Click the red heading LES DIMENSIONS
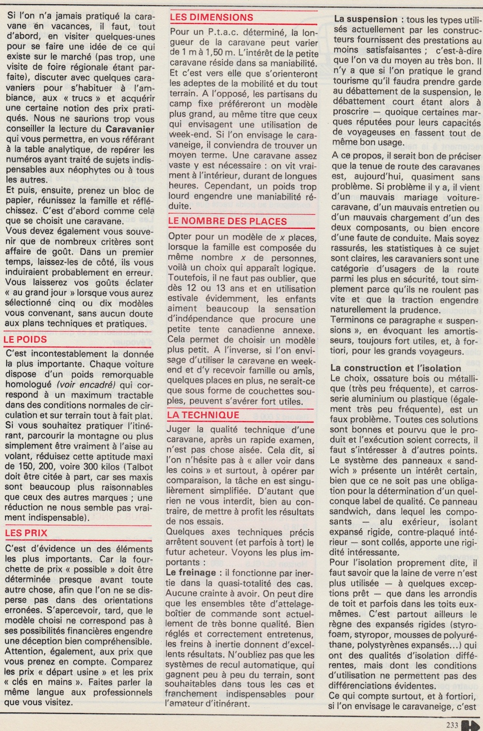[212, 17]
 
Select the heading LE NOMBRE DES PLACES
[227, 222]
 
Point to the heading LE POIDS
[25, 339]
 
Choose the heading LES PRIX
[26, 533]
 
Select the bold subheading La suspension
[366, 20]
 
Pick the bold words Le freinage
[191, 572]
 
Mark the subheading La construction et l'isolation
[396, 368]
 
